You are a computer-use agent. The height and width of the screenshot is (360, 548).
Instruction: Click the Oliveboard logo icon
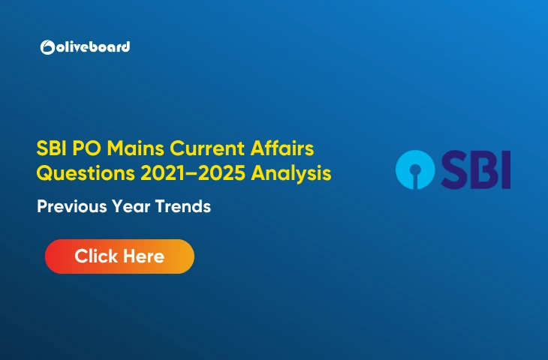[47, 47]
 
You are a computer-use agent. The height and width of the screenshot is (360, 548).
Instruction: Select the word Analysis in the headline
[292, 173]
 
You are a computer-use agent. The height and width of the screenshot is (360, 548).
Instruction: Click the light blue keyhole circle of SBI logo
[417, 168]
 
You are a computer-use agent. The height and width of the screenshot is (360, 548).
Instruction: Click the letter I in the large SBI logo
[506, 169]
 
